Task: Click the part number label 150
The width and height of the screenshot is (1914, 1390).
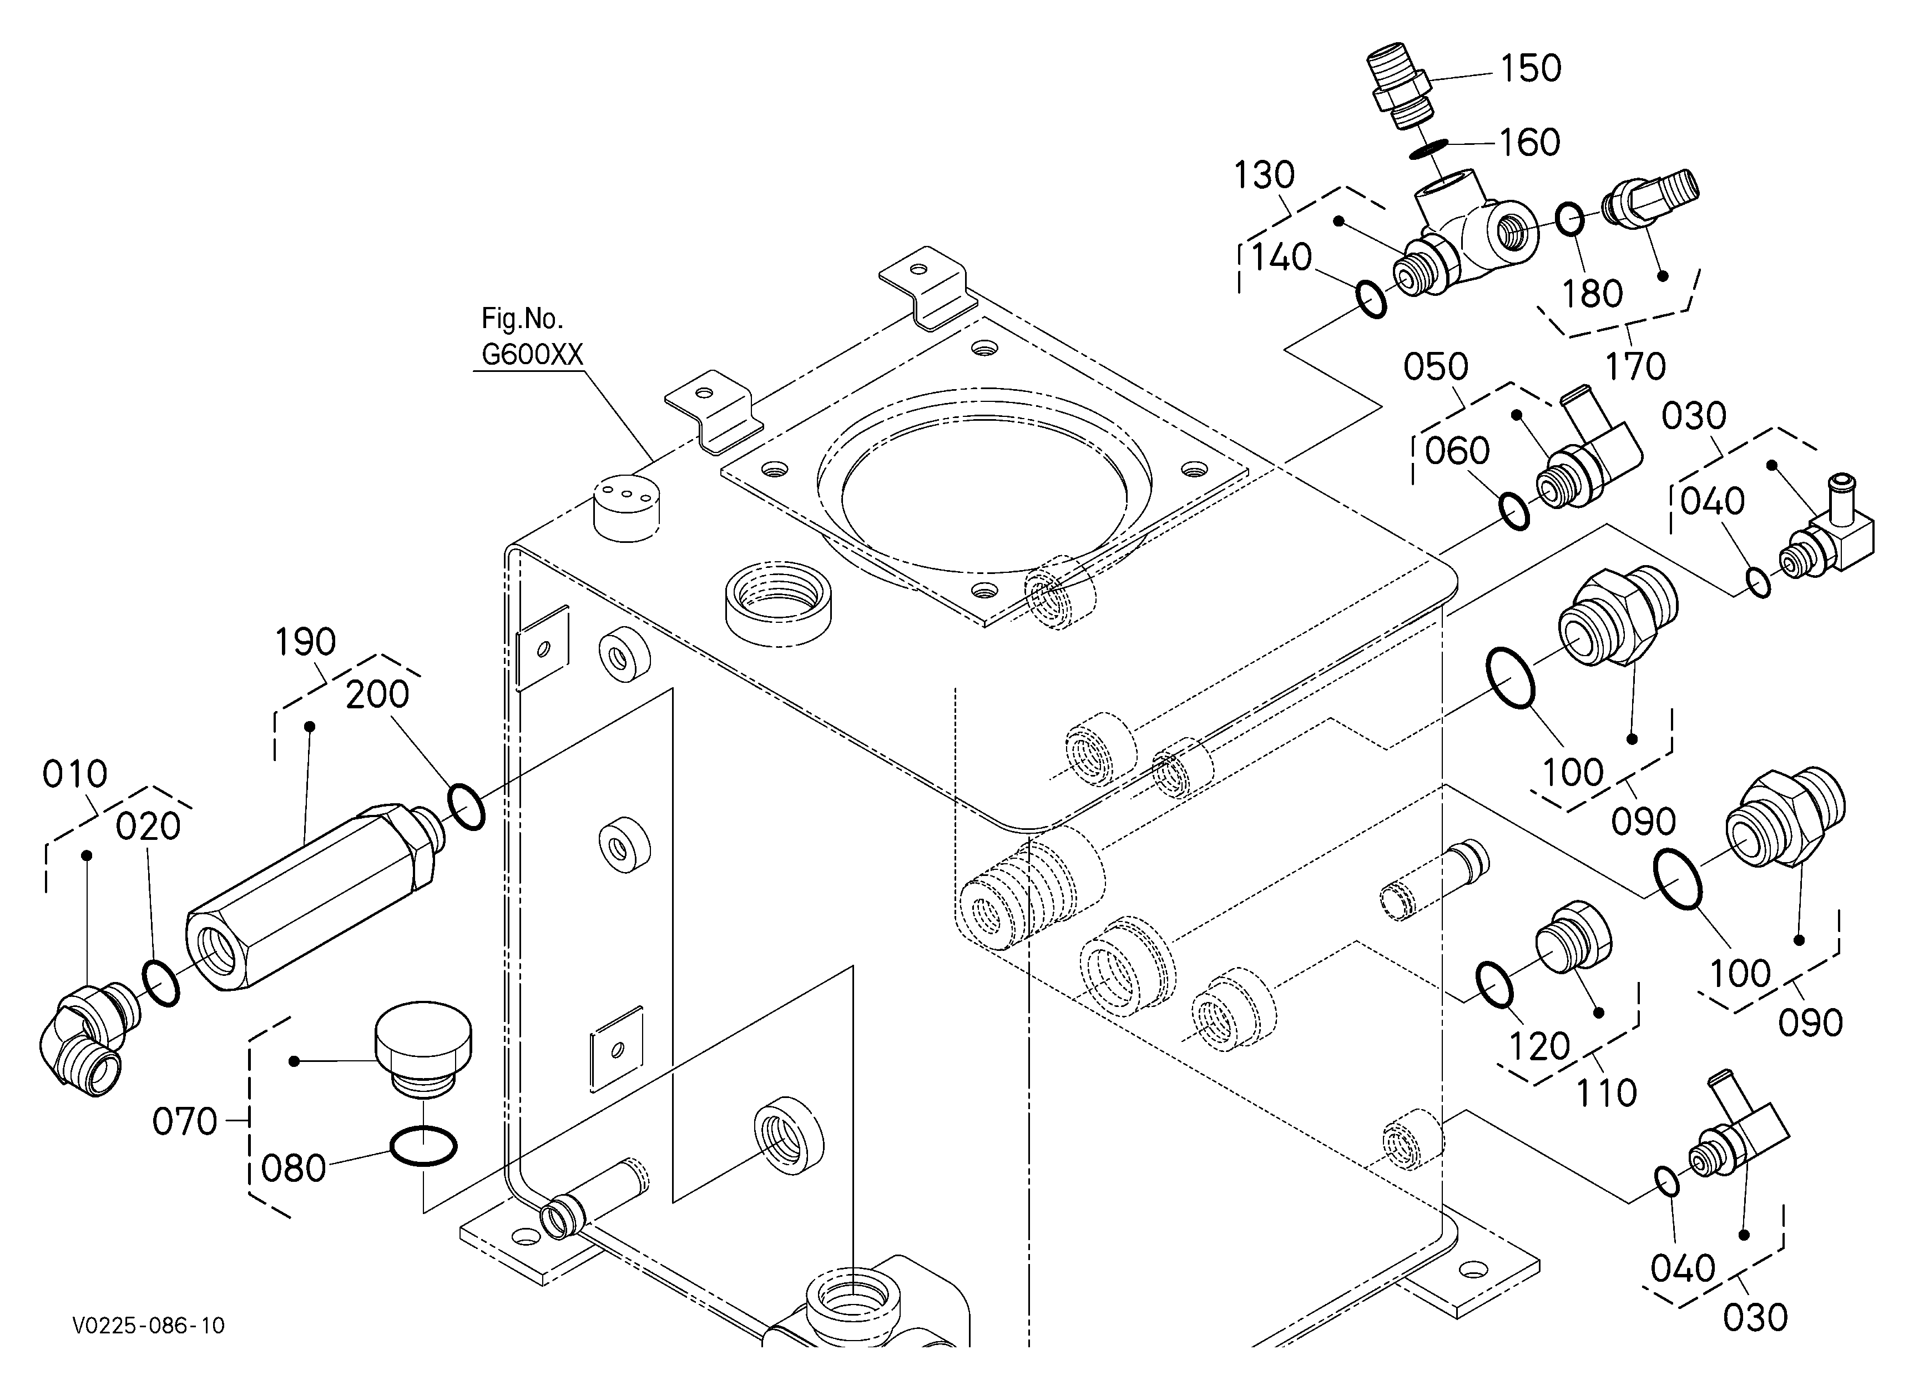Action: [x=1530, y=68]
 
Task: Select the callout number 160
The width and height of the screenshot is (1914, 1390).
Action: [x=1529, y=143]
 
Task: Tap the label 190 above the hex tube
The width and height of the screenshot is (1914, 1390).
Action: [x=306, y=642]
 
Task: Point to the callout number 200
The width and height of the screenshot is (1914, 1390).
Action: [x=377, y=694]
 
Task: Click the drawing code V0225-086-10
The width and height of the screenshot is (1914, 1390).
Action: [x=149, y=1326]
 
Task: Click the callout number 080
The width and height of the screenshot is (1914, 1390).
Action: [x=294, y=1169]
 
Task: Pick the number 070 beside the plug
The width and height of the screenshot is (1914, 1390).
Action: [x=185, y=1122]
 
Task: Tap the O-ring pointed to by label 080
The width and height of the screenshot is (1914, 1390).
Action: [x=423, y=1146]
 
